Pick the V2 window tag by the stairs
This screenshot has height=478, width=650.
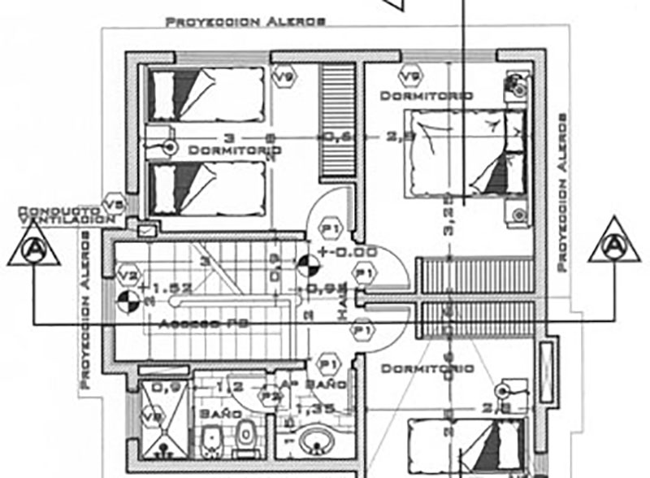pyautogui.click(x=128, y=273)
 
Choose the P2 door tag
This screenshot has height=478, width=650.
pyautogui.click(x=269, y=395)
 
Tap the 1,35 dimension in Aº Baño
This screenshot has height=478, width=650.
pyautogui.click(x=311, y=407)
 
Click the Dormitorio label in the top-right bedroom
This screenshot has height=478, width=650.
pyautogui.click(x=427, y=96)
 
